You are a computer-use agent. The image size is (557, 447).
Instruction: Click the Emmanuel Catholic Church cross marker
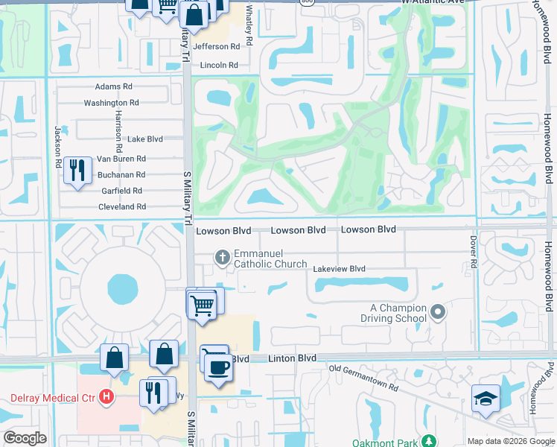[x=222, y=258]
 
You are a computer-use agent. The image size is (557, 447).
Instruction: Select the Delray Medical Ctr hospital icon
[x=106, y=396]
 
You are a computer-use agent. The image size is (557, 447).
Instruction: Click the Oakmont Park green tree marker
[x=427, y=441]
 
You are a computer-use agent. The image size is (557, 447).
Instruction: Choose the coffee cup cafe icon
[x=218, y=367]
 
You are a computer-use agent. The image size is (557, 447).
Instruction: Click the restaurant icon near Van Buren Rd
[x=77, y=170]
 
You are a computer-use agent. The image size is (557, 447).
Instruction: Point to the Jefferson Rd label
[x=217, y=46]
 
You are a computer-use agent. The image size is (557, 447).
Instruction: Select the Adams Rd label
[x=113, y=86]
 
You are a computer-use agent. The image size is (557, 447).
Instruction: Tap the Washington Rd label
[x=111, y=103]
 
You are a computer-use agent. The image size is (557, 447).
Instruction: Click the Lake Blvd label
[x=144, y=139]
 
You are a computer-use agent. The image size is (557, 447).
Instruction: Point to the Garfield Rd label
[x=122, y=191]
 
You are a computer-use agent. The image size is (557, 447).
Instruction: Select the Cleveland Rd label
[x=121, y=206]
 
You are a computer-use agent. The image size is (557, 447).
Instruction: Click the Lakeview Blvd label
[x=339, y=269]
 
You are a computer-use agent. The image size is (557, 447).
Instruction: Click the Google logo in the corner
[x=25, y=438]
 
